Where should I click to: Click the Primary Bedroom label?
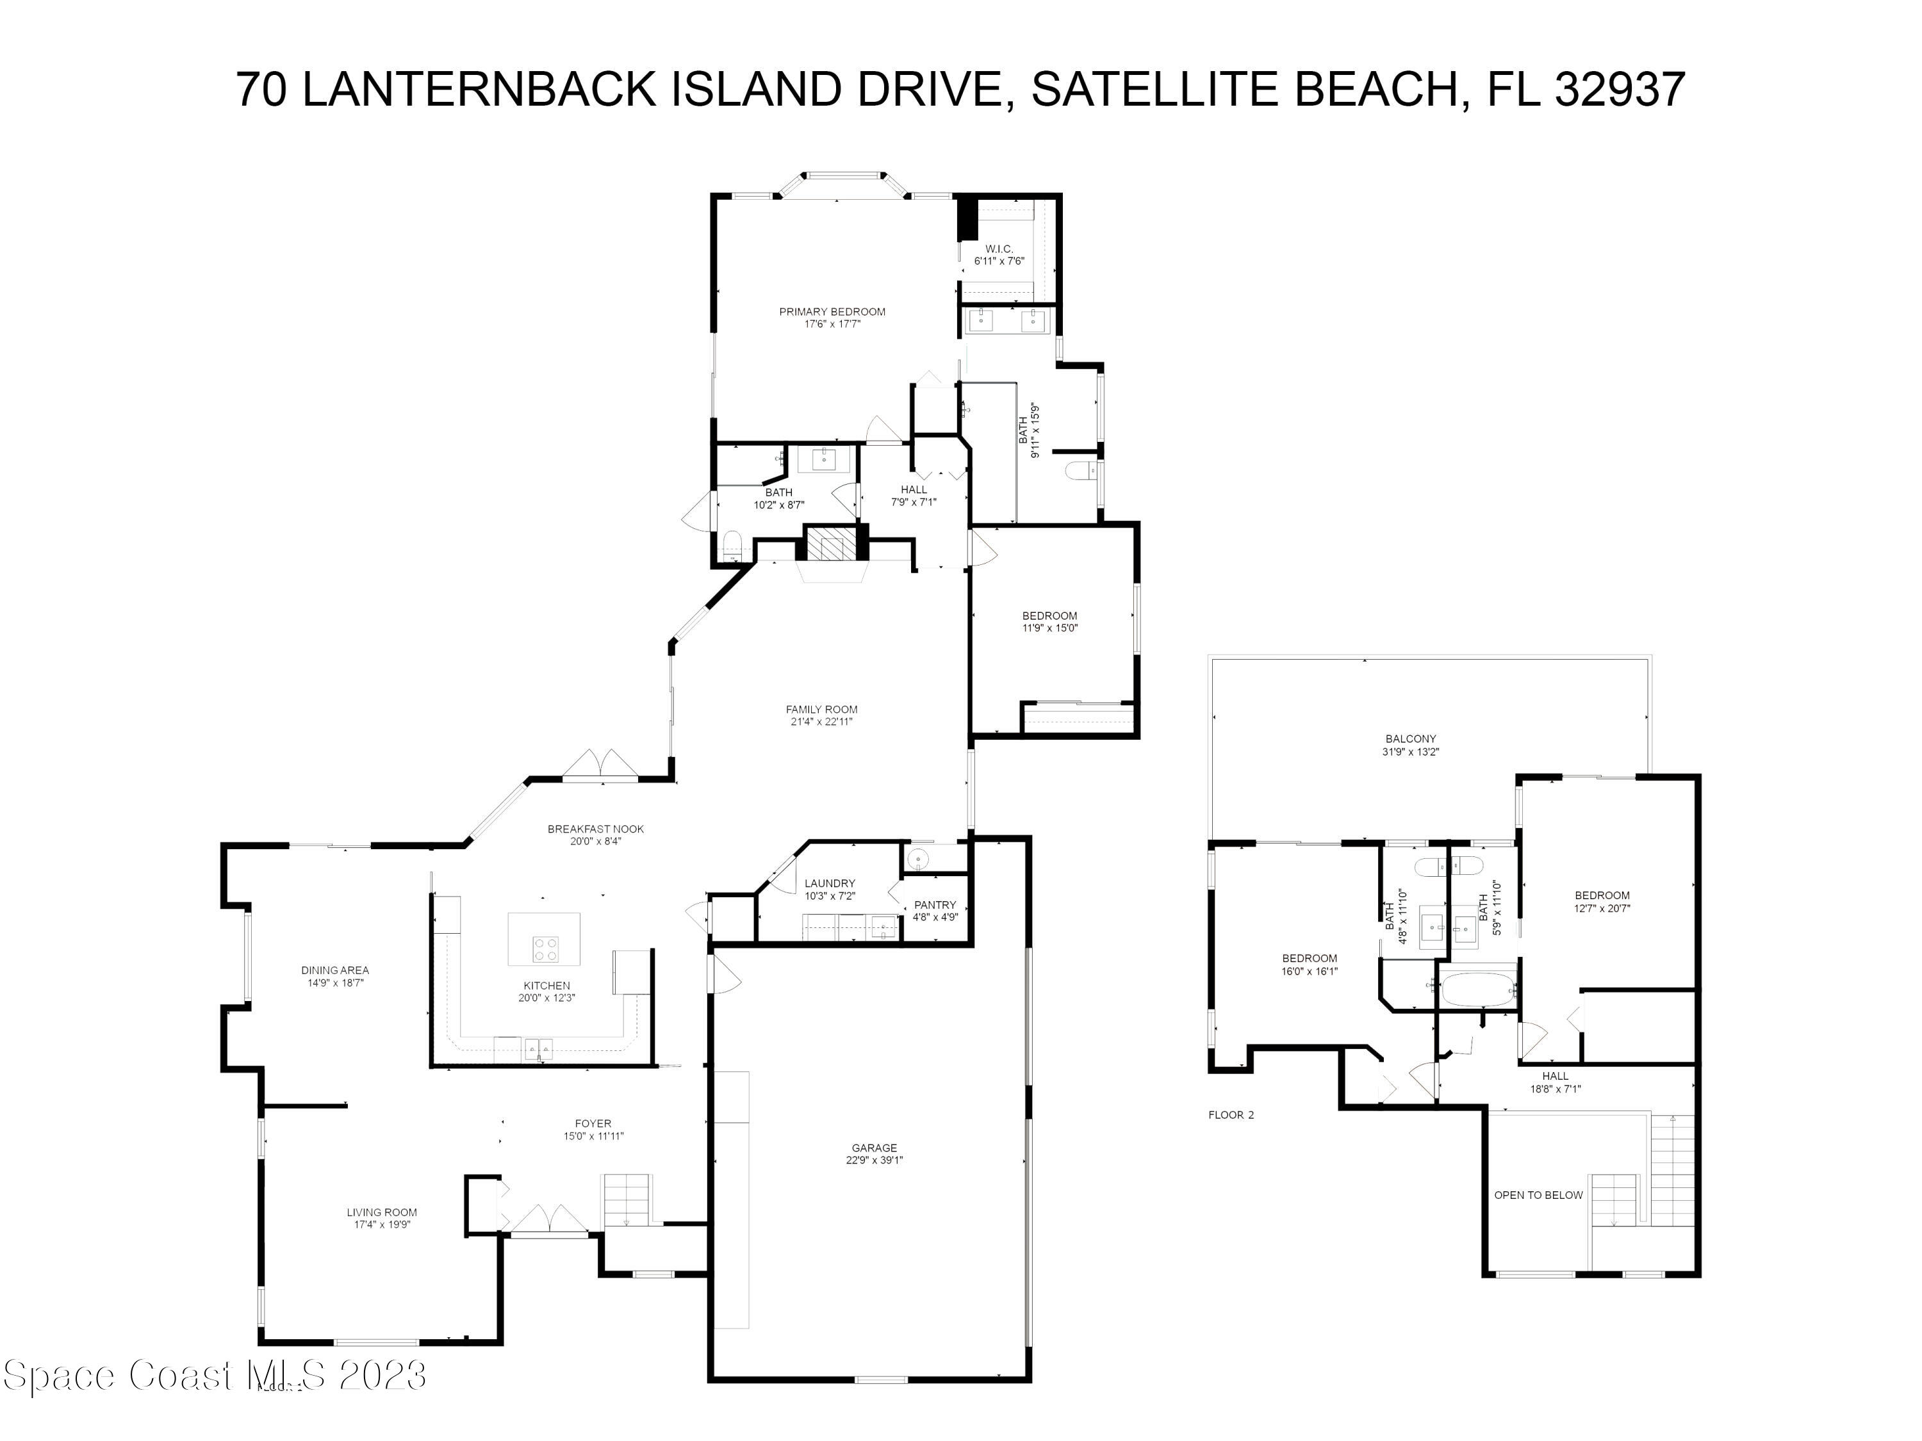click(832, 312)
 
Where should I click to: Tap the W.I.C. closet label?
click(999, 249)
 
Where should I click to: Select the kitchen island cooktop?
click(545, 948)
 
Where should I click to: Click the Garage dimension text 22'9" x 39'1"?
click(874, 1160)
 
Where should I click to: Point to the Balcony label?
click(1410, 739)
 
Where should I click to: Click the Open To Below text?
click(1538, 1195)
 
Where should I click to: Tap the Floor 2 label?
click(1231, 1114)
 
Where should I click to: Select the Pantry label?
click(935, 905)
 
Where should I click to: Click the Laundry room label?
click(830, 883)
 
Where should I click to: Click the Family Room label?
click(821, 710)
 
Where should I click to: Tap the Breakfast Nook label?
click(595, 829)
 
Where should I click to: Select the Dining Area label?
click(334, 970)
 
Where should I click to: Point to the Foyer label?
click(593, 1123)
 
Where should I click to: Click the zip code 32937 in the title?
click(1620, 90)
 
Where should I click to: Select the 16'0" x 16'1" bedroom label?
click(1310, 971)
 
